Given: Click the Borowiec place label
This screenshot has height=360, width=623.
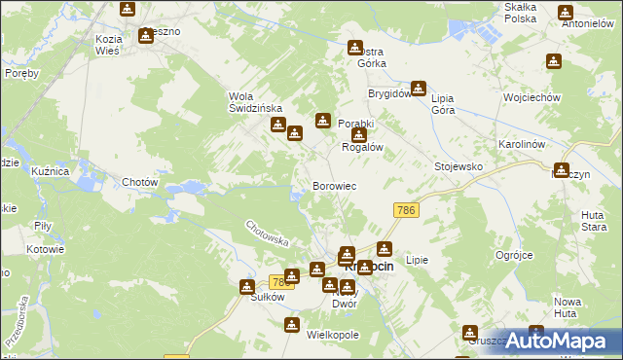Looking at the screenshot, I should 333,185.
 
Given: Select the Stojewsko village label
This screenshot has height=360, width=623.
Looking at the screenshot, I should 458,166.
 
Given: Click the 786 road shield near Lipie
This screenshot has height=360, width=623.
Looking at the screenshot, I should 407,210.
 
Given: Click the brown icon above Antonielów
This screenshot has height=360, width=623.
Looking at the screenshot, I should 566,13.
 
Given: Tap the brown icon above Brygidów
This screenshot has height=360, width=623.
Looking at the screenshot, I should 418,88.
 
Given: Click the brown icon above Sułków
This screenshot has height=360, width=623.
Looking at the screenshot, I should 247,286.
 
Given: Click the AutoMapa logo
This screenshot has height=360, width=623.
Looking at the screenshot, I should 565,341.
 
